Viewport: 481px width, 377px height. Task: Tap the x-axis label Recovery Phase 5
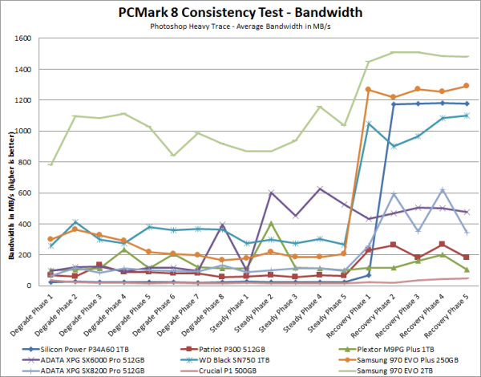[x=454, y=310]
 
